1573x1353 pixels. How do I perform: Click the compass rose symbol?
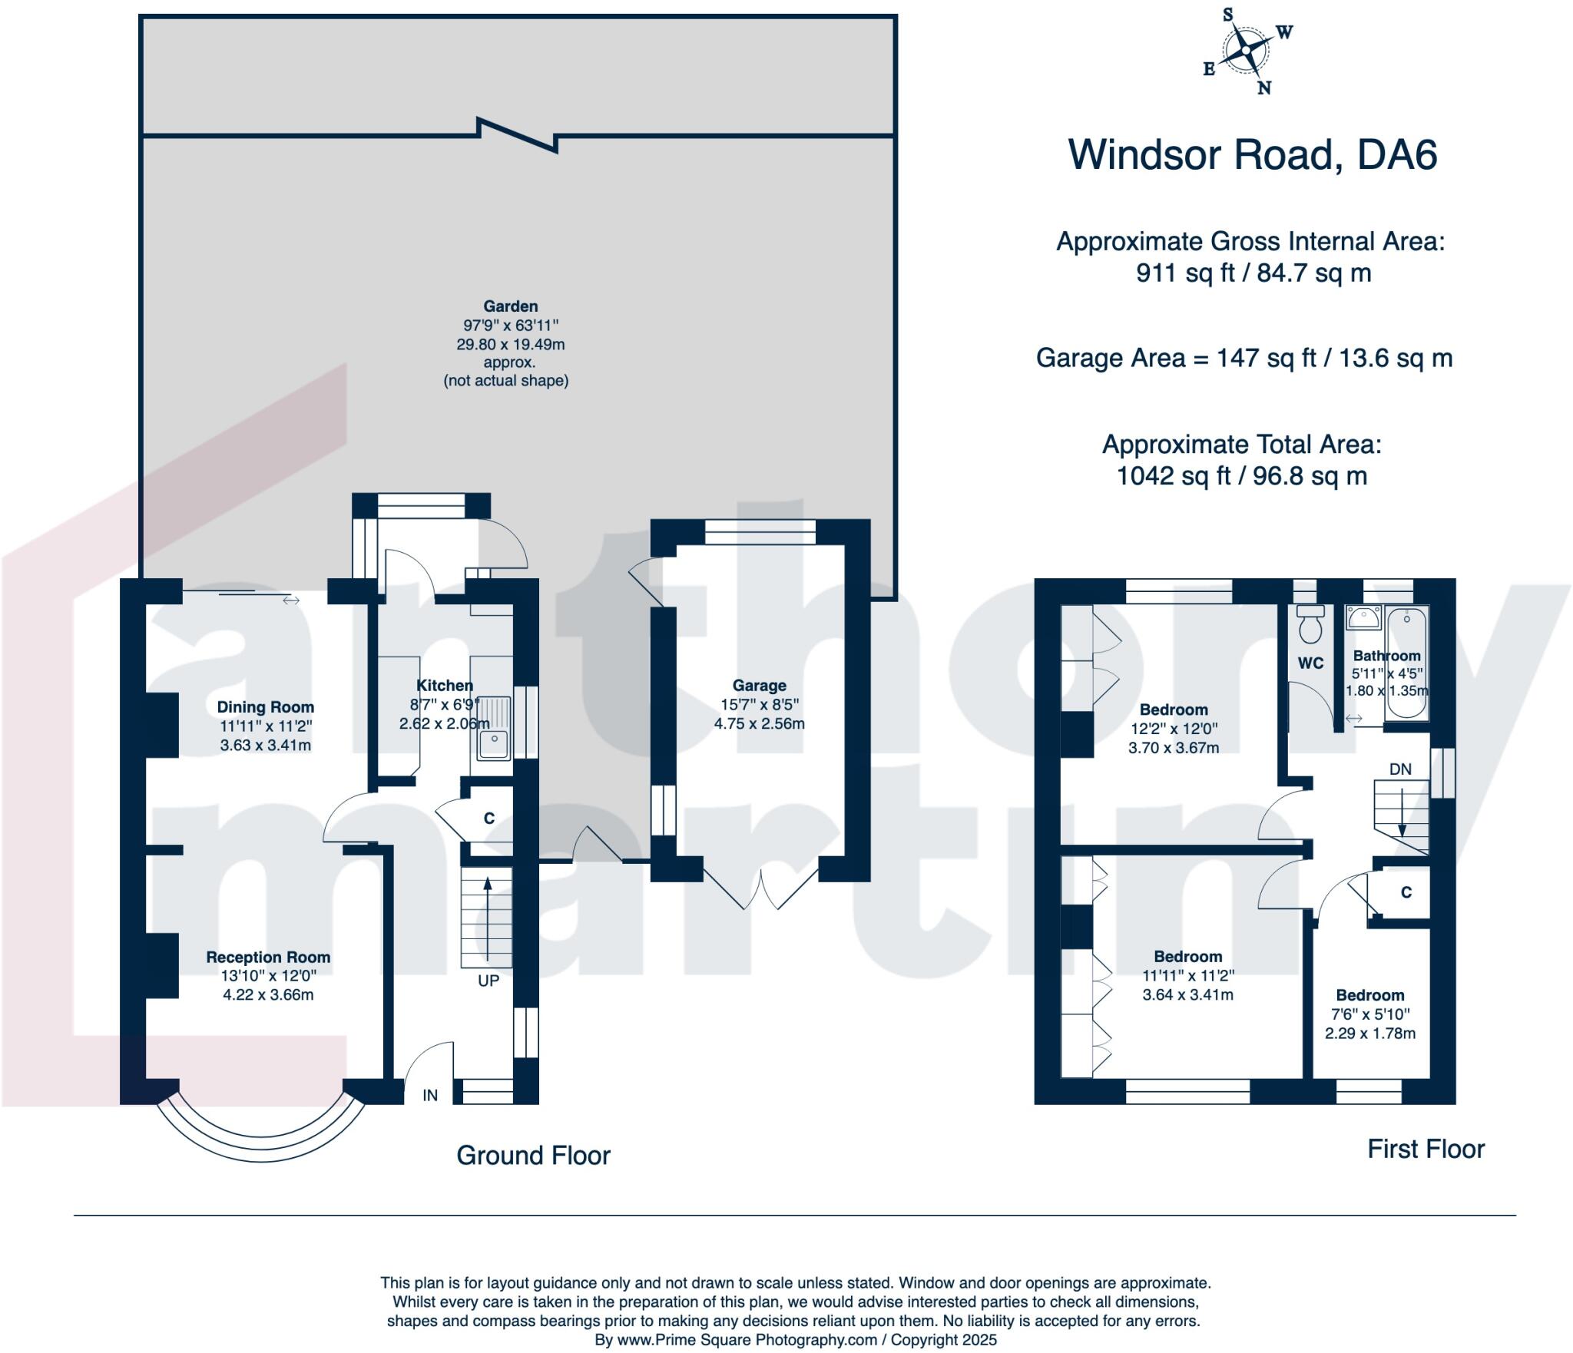click(x=1243, y=51)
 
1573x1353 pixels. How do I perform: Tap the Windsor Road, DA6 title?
click(x=1252, y=154)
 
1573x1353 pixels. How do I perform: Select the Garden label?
click(x=510, y=306)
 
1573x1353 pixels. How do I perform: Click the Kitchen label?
click(x=444, y=685)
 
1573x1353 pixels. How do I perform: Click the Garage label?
click(x=759, y=685)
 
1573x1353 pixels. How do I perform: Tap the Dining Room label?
click(x=265, y=706)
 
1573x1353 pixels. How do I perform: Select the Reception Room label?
click(x=268, y=957)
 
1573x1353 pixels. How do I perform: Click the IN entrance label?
click(x=430, y=1095)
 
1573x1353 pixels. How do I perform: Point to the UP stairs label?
click(x=488, y=981)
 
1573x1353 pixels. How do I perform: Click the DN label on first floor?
click(x=1400, y=769)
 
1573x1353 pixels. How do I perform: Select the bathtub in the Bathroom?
click(x=1406, y=663)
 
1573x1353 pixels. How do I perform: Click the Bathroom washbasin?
click(x=1363, y=617)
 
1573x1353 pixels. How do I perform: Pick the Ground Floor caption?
click(x=533, y=1155)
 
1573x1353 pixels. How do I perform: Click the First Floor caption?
click(x=1426, y=1148)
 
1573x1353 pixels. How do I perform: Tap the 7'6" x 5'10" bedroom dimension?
click(x=1369, y=1014)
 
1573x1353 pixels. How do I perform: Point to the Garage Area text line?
click(x=1244, y=358)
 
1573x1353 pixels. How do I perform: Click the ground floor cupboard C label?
click(x=488, y=819)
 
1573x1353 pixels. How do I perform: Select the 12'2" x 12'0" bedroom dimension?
click(x=1174, y=728)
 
